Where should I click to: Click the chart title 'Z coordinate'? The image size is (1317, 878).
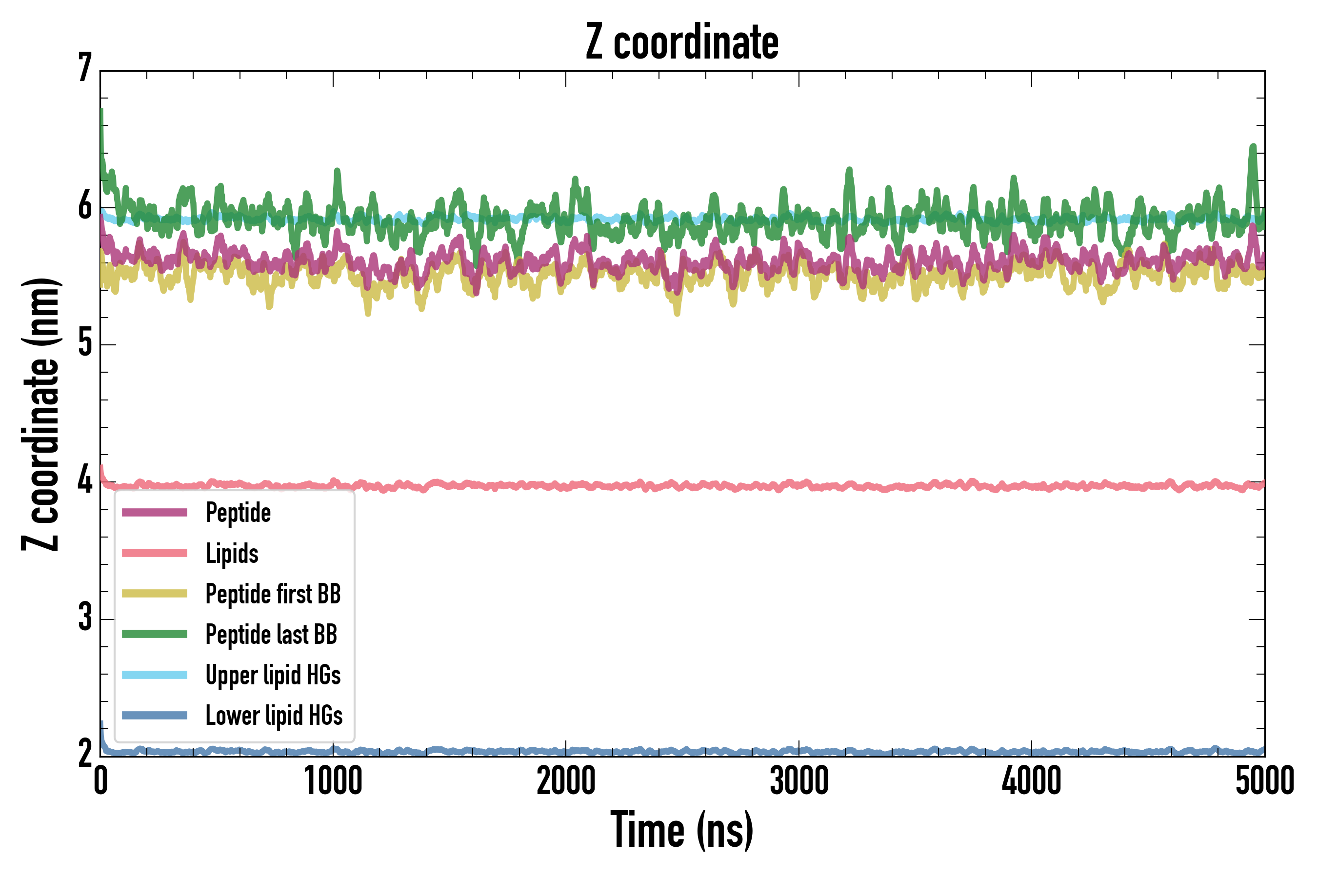click(x=681, y=42)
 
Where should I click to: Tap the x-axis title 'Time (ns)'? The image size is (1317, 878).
click(x=681, y=830)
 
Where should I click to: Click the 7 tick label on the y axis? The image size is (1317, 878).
click(x=84, y=68)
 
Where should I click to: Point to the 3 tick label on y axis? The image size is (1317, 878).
click(x=84, y=617)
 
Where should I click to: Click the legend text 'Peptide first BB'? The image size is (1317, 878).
click(x=273, y=594)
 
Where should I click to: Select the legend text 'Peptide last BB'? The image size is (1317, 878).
click(x=271, y=635)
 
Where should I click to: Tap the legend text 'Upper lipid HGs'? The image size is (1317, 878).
click(x=273, y=675)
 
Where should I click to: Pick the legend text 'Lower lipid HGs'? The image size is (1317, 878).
click(x=274, y=716)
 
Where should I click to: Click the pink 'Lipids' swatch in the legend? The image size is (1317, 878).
click(x=155, y=553)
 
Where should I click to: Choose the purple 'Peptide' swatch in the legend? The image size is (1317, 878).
click(x=155, y=512)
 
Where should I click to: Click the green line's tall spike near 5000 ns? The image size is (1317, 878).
click(x=1253, y=148)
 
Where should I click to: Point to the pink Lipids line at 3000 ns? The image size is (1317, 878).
click(x=798, y=484)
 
